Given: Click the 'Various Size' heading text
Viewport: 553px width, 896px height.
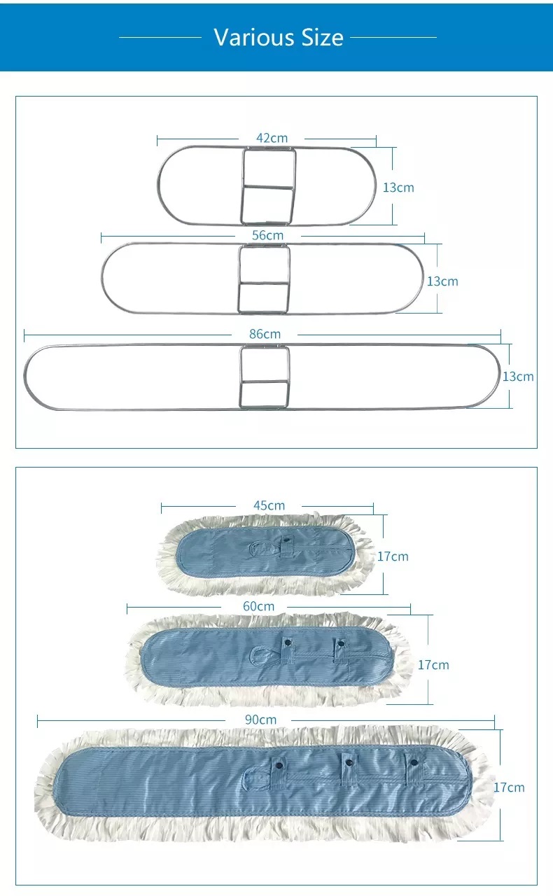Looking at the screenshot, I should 279,37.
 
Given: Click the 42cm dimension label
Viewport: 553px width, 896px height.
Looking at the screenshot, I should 272,139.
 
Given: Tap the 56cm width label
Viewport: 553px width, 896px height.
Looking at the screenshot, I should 268,235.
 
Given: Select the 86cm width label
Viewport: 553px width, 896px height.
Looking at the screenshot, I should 265,335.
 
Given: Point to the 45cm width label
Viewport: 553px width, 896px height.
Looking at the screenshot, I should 269,505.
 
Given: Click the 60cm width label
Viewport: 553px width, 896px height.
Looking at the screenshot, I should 259,606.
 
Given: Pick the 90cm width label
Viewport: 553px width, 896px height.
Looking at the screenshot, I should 260,720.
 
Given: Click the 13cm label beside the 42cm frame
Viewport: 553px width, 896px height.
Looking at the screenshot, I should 398,188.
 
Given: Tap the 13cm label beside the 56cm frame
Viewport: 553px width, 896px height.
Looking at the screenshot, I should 442,281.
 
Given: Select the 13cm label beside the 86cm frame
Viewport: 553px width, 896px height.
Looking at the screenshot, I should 518,377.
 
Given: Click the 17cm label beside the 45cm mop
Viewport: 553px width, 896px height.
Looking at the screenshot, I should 393,556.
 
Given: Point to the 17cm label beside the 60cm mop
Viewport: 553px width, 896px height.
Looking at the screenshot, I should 433,665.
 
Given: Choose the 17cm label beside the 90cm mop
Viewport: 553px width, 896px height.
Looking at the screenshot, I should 509,787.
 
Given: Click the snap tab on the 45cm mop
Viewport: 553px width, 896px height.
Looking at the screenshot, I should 287,545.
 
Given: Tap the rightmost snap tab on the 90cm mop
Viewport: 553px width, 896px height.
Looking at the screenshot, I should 414,768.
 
